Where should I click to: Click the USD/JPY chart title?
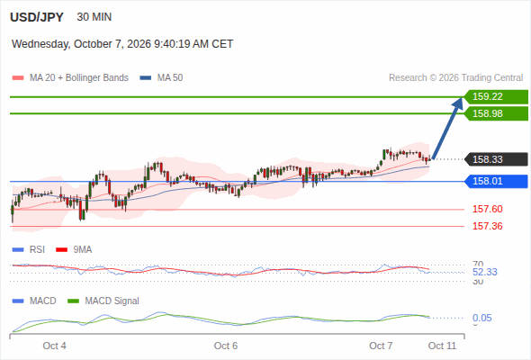[37, 17]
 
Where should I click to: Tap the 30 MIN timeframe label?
[94, 17]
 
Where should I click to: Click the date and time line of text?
[122, 44]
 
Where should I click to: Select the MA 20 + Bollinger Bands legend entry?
[70, 78]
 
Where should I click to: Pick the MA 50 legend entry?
[161, 78]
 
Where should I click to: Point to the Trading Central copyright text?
[455, 78]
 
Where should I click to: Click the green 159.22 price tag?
[496, 97]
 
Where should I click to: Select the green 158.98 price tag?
[496, 113]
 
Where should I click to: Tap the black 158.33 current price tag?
[496, 159]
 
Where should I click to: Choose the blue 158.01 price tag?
[496, 181]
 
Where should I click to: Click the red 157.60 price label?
[488, 209]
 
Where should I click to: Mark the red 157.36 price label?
[488, 226]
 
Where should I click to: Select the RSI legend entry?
[29, 249]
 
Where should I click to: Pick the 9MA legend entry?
[74, 249]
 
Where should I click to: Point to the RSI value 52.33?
[485, 272]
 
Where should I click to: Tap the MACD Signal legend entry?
[103, 301]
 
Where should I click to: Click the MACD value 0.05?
[481, 318]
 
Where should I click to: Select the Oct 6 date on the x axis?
[226, 346]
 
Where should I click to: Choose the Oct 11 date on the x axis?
[442, 346]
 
